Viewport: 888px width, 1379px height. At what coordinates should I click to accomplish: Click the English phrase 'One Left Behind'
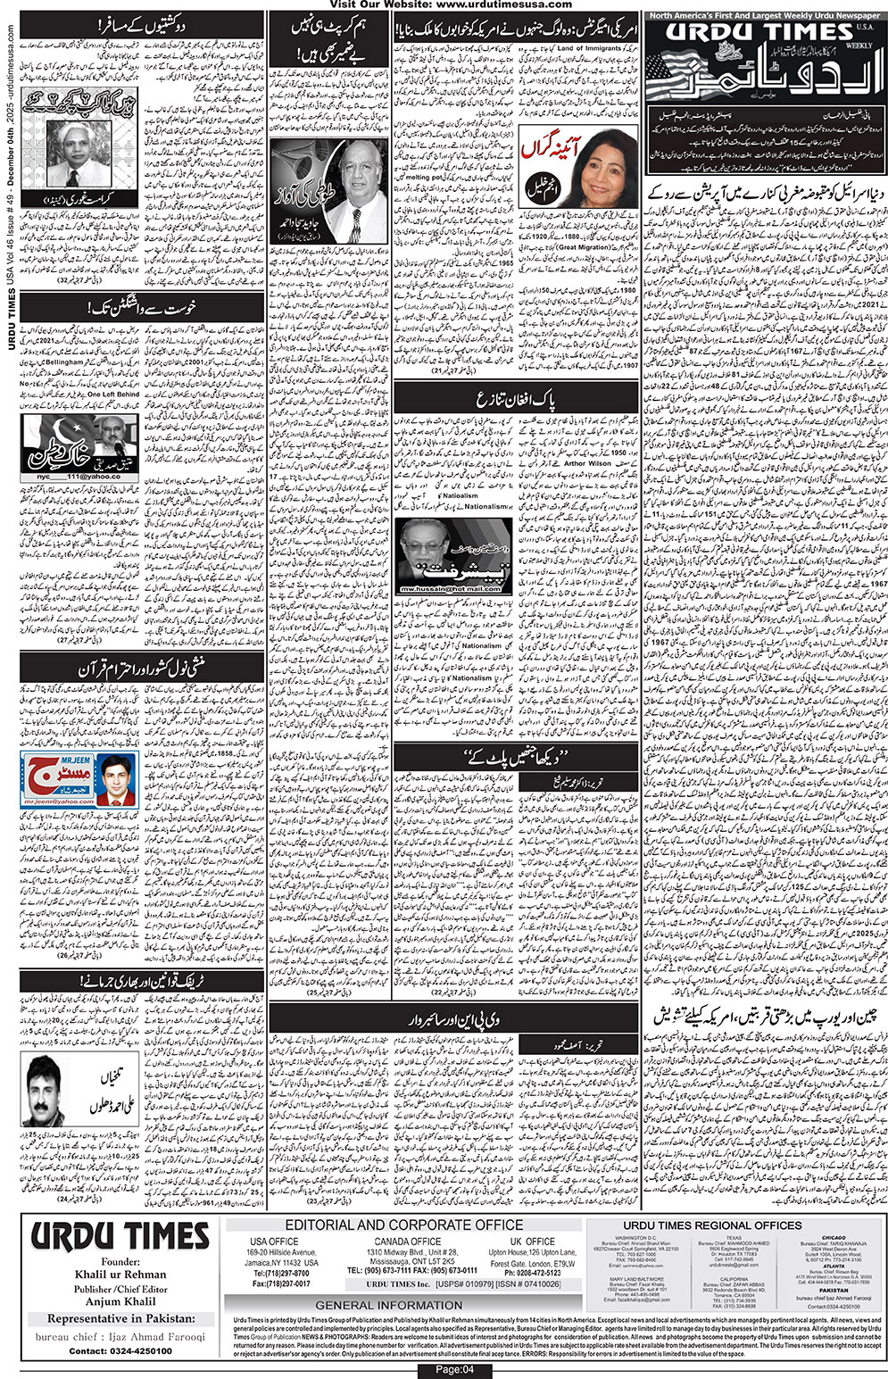113,394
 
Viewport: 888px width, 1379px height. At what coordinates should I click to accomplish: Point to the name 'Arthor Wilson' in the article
586,464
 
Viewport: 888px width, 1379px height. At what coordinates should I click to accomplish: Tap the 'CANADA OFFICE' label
407,1242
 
